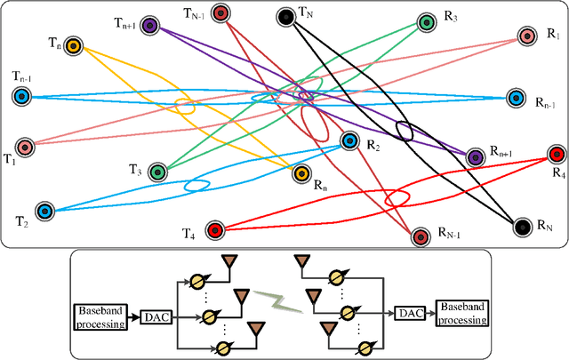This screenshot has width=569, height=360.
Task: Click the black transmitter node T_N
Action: click(285, 17)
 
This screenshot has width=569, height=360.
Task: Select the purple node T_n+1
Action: click(151, 27)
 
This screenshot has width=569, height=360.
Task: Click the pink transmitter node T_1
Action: click(25, 147)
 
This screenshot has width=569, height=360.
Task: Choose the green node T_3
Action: click(158, 172)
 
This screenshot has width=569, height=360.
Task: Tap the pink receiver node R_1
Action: click(527, 36)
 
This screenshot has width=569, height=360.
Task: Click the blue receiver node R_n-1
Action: click(516, 97)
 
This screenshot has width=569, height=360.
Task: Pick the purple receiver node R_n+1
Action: click(475, 156)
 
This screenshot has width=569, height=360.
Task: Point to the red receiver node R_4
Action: click(557, 154)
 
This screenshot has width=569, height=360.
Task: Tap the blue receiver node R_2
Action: click(349, 140)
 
